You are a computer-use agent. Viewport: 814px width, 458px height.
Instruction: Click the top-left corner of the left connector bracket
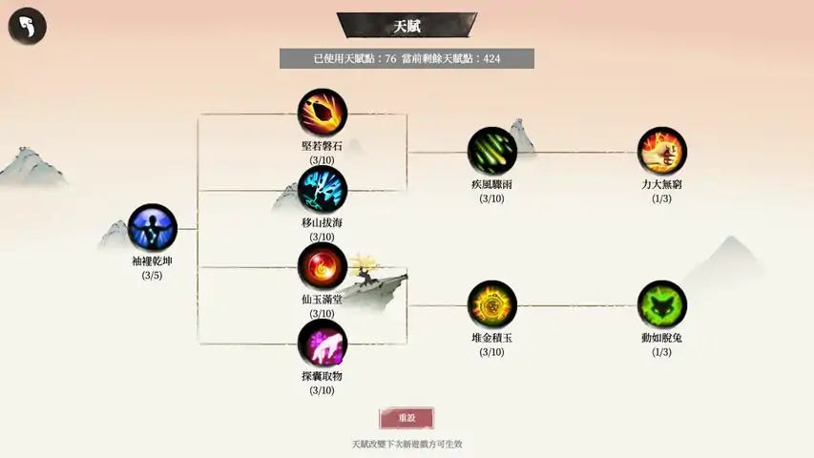point(198,114)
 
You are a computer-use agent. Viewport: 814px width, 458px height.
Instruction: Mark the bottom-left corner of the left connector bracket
point(198,343)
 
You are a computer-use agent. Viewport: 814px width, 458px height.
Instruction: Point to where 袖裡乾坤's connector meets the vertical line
point(198,228)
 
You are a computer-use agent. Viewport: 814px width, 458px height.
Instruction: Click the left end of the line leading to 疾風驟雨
point(407,153)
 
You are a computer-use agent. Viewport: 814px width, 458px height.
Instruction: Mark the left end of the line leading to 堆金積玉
point(407,306)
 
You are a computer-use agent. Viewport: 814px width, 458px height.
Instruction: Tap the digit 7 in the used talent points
point(387,58)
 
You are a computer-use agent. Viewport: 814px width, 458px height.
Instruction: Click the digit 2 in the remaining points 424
point(491,58)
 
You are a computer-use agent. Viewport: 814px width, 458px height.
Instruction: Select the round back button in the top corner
point(28,26)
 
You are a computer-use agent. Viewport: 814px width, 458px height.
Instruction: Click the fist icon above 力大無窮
point(662,152)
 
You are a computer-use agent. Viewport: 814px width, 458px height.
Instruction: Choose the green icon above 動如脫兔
point(662,304)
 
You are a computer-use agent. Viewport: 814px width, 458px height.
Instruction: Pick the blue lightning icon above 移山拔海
point(323,190)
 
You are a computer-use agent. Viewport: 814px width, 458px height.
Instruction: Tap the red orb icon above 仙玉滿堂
point(323,267)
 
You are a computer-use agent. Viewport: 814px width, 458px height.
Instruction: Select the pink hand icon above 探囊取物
point(323,343)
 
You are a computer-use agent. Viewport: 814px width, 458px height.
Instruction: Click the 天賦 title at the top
point(407,26)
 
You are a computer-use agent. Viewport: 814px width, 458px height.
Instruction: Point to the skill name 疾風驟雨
point(491,184)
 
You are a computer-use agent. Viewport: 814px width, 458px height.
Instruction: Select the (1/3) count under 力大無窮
point(662,198)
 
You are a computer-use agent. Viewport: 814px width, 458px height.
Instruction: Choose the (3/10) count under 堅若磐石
point(322,160)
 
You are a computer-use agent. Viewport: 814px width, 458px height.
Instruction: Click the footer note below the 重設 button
point(407,444)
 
